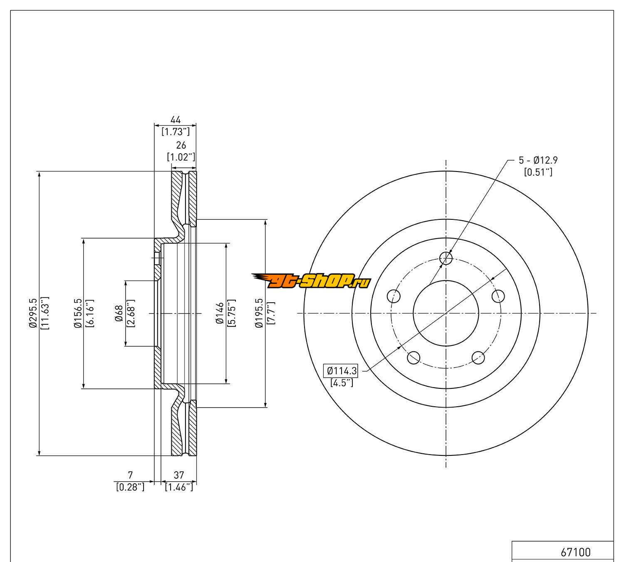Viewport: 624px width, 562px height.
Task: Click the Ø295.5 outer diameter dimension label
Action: point(34,313)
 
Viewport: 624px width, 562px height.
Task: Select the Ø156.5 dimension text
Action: point(77,313)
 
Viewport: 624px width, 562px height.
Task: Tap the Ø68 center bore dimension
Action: point(119,313)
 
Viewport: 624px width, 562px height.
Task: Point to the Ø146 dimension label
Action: point(220,313)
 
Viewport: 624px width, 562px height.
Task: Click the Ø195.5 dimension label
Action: point(260,313)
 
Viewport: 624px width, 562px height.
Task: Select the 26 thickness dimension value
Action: point(181,145)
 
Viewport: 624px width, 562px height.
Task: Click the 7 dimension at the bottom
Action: point(130,475)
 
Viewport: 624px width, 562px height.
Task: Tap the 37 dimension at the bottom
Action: point(179,475)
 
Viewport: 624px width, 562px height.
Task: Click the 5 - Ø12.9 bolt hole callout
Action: point(538,160)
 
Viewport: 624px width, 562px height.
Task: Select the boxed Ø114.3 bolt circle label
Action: point(342,370)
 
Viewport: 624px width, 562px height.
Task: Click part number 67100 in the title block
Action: point(576,552)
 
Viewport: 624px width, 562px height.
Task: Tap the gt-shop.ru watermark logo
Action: point(310,282)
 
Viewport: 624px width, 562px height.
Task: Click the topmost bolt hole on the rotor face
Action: point(446,259)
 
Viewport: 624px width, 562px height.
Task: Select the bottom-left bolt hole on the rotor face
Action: point(414,357)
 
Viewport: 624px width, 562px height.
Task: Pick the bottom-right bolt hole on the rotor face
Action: point(478,357)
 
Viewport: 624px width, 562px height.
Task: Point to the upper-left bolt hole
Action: point(394,296)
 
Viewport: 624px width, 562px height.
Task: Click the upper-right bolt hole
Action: point(498,296)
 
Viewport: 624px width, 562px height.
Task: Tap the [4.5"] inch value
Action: point(342,383)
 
